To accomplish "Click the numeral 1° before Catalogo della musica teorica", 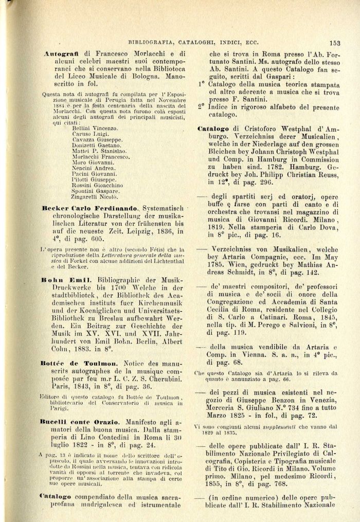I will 201,83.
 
